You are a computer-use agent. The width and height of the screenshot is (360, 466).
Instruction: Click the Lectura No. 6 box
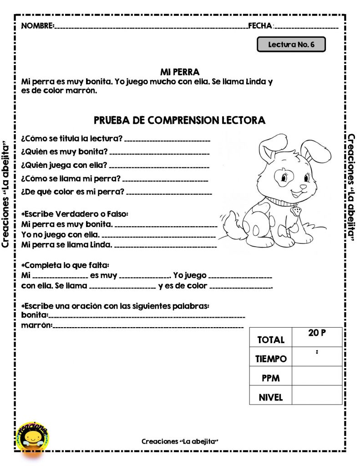[x=291, y=45]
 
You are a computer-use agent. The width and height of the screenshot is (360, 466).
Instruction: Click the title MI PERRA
[x=180, y=72]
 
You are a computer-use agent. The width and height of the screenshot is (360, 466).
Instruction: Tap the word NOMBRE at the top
[x=38, y=25]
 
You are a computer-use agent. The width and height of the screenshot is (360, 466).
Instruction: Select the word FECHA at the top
[x=260, y=25]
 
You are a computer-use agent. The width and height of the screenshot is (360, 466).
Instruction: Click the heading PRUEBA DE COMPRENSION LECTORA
[x=179, y=121]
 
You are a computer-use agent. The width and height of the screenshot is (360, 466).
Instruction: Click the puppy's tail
[x=230, y=223]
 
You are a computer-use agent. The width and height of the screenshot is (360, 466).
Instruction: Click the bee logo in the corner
[x=32, y=436]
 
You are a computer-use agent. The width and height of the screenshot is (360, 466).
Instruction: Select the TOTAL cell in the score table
[x=270, y=339]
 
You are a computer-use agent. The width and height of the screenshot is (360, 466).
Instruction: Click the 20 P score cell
[x=317, y=333]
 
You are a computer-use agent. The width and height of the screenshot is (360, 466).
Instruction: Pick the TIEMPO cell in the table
[x=270, y=359]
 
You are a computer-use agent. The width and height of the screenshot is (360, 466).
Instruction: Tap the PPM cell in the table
[x=270, y=378]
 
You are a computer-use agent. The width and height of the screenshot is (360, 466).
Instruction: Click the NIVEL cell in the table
[x=270, y=397]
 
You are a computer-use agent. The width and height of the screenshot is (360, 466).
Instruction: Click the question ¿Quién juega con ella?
[x=64, y=165]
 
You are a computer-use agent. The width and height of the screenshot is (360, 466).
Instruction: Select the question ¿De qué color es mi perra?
[x=73, y=192]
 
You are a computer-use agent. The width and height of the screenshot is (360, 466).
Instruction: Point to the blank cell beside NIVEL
[x=317, y=395]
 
